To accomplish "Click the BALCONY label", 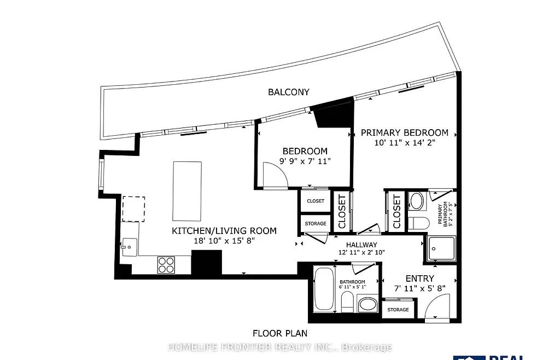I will tap(288, 92).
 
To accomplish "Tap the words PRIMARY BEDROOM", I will tap(404, 132).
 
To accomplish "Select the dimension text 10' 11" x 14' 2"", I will tap(404, 143).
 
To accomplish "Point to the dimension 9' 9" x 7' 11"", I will tap(305, 161).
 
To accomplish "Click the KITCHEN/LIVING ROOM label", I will tap(224, 231).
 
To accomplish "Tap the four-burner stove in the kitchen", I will tap(166, 265).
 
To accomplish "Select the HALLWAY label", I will tap(361, 245).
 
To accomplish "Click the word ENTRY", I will tap(419, 278).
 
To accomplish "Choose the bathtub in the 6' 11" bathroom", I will tap(323, 289).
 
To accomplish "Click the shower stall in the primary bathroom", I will tap(440, 249).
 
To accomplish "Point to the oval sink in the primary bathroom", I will tap(417, 201).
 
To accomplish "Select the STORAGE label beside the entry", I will tap(398, 310).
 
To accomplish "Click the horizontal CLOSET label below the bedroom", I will tap(316, 201).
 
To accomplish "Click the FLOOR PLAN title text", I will tap(279, 333).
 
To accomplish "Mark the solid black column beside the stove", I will tap(206, 262).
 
